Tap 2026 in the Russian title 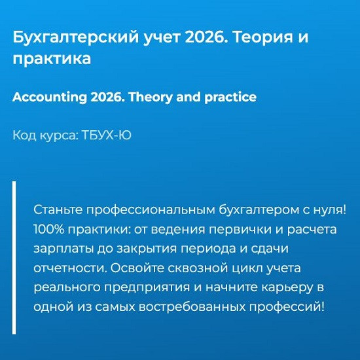[x=204, y=37]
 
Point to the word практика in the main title [x=52, y=59]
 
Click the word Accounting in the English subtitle [x=50, y=98]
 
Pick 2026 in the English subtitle [x=107, y=97]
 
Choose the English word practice [x=230, y=98]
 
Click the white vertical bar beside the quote [x=14, y=257]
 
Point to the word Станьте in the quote [x=58, y=209]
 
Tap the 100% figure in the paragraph [x=49, y=229]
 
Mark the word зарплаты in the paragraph [x=63, y=249]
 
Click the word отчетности [x=71, y=268]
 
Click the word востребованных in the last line [x=192, y=307]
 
